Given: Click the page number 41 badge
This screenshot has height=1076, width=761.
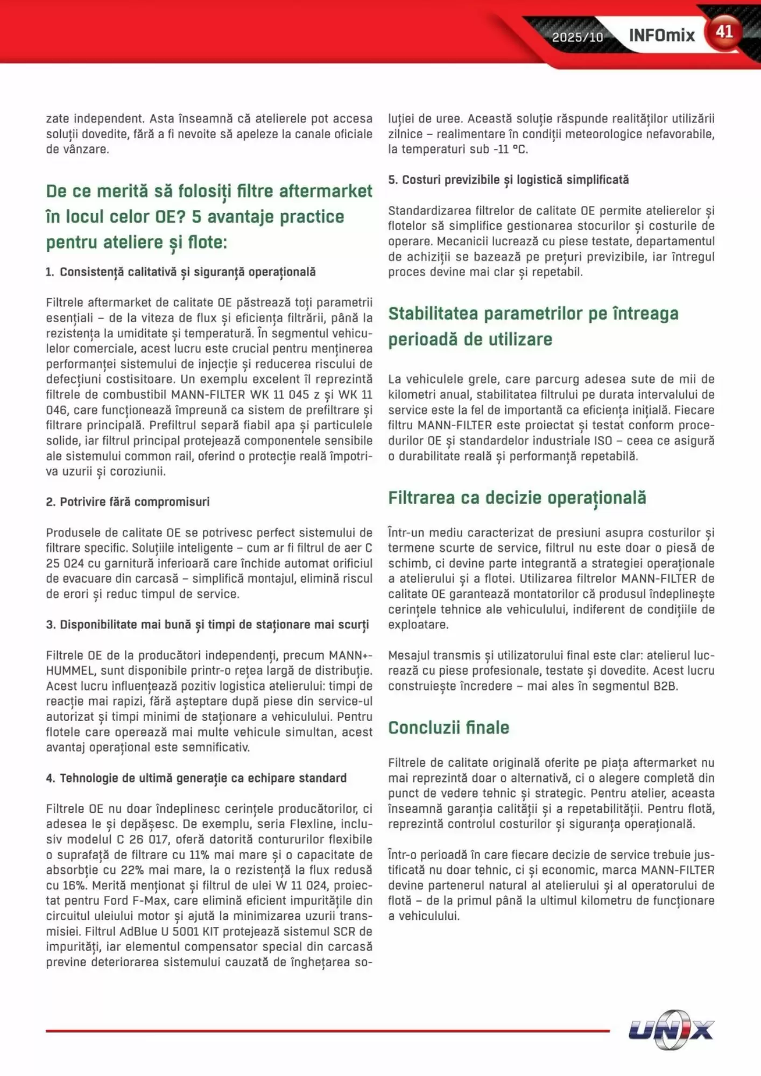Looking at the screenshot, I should pos(724,32).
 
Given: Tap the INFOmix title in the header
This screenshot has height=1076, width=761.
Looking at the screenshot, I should pos(661,36).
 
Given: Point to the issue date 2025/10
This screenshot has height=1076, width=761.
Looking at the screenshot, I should pos(577,37).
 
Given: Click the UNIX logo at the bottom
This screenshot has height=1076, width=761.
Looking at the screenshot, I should pos(671,1030).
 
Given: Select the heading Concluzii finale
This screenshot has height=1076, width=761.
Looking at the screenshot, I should pos(448,727).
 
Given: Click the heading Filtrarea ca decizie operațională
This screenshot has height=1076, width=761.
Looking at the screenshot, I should pos(517,498).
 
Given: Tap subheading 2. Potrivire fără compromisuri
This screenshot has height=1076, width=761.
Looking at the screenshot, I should pos(128,502).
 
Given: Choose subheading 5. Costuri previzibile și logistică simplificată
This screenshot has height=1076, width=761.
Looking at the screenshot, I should pos(508,180).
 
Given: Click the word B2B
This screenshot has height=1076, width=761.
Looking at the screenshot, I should pos(665,686).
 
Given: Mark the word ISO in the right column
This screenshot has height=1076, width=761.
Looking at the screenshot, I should pos(603,441).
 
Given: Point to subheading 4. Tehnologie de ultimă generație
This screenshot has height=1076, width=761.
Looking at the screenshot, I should pos(196,778).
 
